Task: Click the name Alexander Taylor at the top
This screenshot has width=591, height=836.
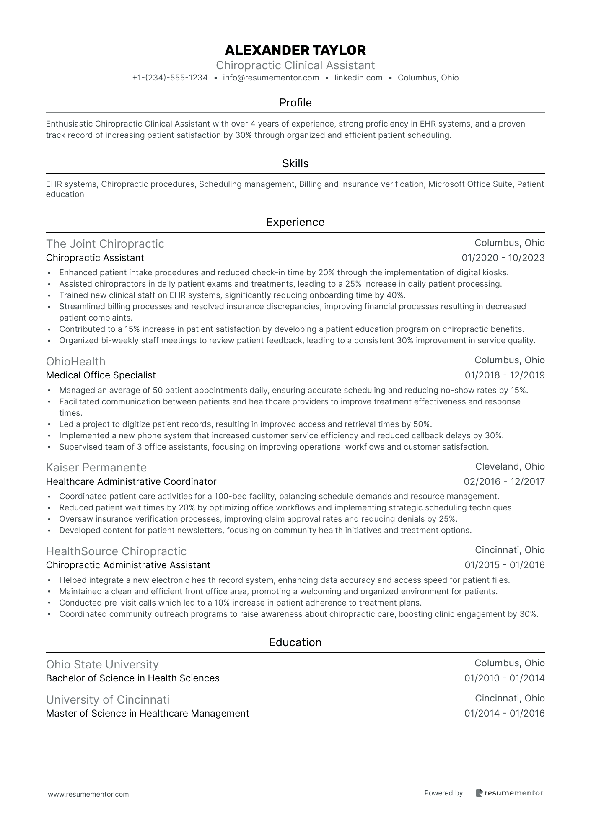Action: (x=295, y=50)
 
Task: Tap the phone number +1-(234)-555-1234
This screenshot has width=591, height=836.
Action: (x=170, y=78)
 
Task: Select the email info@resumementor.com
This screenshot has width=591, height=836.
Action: (x=271, y=78)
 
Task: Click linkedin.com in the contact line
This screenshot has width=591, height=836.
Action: (x=358, y=78)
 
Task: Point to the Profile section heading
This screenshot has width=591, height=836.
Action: (x=295, y=103)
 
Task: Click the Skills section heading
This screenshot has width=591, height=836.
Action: (x=295, y=163)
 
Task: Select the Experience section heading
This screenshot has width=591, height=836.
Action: (x=295, y=222)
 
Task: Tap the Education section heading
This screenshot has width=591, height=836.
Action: (x=295, y=642)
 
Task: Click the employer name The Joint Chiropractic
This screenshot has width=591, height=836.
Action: (x=105, y=244)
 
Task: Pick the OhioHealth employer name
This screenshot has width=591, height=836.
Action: (x=75, y=361)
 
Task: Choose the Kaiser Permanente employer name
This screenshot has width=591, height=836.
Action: (x=96, y=468)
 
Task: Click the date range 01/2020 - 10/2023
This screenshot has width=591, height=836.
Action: (x=503, y=258)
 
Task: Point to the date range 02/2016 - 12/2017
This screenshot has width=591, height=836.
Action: (x=504, y=481)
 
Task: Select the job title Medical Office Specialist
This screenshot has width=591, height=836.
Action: (x=101, y=375)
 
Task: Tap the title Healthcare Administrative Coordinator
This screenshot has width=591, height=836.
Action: (x=131, y=481)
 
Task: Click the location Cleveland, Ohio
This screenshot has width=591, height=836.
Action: (x=510, y=466)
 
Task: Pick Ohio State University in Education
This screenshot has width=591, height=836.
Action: (x=102, y=665)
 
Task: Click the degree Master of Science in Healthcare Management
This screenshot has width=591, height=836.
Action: (x=147, y=713)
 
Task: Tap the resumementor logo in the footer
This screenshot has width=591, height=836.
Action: (x=509, y=793)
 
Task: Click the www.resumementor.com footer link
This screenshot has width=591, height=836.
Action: (x=88, y=794)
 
